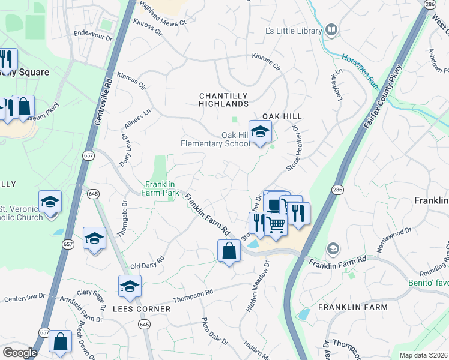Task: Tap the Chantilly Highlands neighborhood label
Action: click(x=223, y=100)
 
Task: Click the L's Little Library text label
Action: click(x=292, y=31)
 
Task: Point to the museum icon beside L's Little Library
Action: click(x=331, y=30)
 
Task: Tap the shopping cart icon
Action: click(x=276, y=224)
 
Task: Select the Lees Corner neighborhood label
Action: click(x=142, y=309)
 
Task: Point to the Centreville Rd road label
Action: click(x=103, y=100)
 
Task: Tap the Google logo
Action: click(x=19, y=353)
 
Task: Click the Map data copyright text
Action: click(x=423, y=355)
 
